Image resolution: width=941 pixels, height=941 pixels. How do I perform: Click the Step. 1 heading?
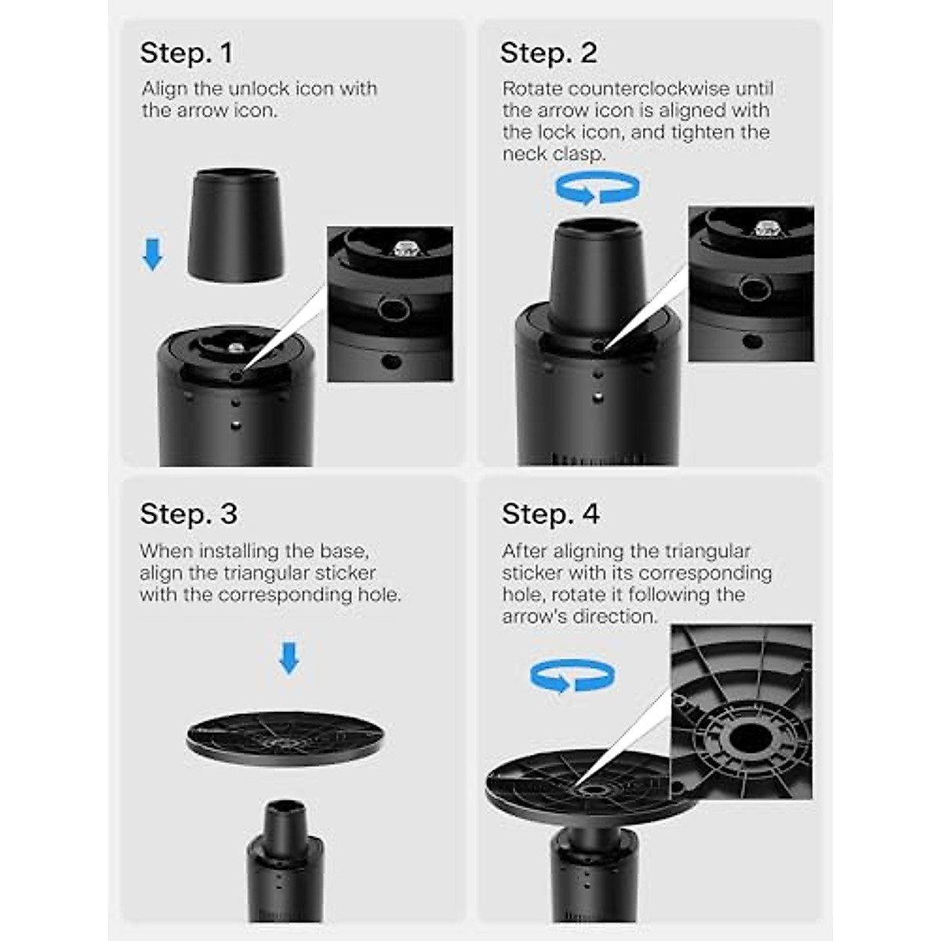(187, 53)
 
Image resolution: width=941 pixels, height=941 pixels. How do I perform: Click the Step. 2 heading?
(549, 53)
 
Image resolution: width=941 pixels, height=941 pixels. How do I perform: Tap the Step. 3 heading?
(188, 514)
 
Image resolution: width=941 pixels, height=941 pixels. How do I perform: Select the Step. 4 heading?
(550, 514)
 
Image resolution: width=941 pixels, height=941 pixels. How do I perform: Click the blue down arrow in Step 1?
(152, 254)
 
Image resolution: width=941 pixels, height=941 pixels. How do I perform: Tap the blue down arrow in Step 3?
(289, 658)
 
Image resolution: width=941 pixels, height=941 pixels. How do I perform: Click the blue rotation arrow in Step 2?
(598, 187)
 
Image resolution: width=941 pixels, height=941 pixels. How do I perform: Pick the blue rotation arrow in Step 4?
(572, 676)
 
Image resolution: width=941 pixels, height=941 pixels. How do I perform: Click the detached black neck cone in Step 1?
(235, 225)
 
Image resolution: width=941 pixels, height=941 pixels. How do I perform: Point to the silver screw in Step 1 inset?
(405, 249)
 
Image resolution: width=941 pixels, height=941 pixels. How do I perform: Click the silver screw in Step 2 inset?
(767, 228)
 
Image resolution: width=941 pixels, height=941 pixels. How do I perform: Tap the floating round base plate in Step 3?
(285, 738)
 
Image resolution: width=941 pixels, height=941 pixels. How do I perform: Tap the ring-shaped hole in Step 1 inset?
(394, 309)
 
